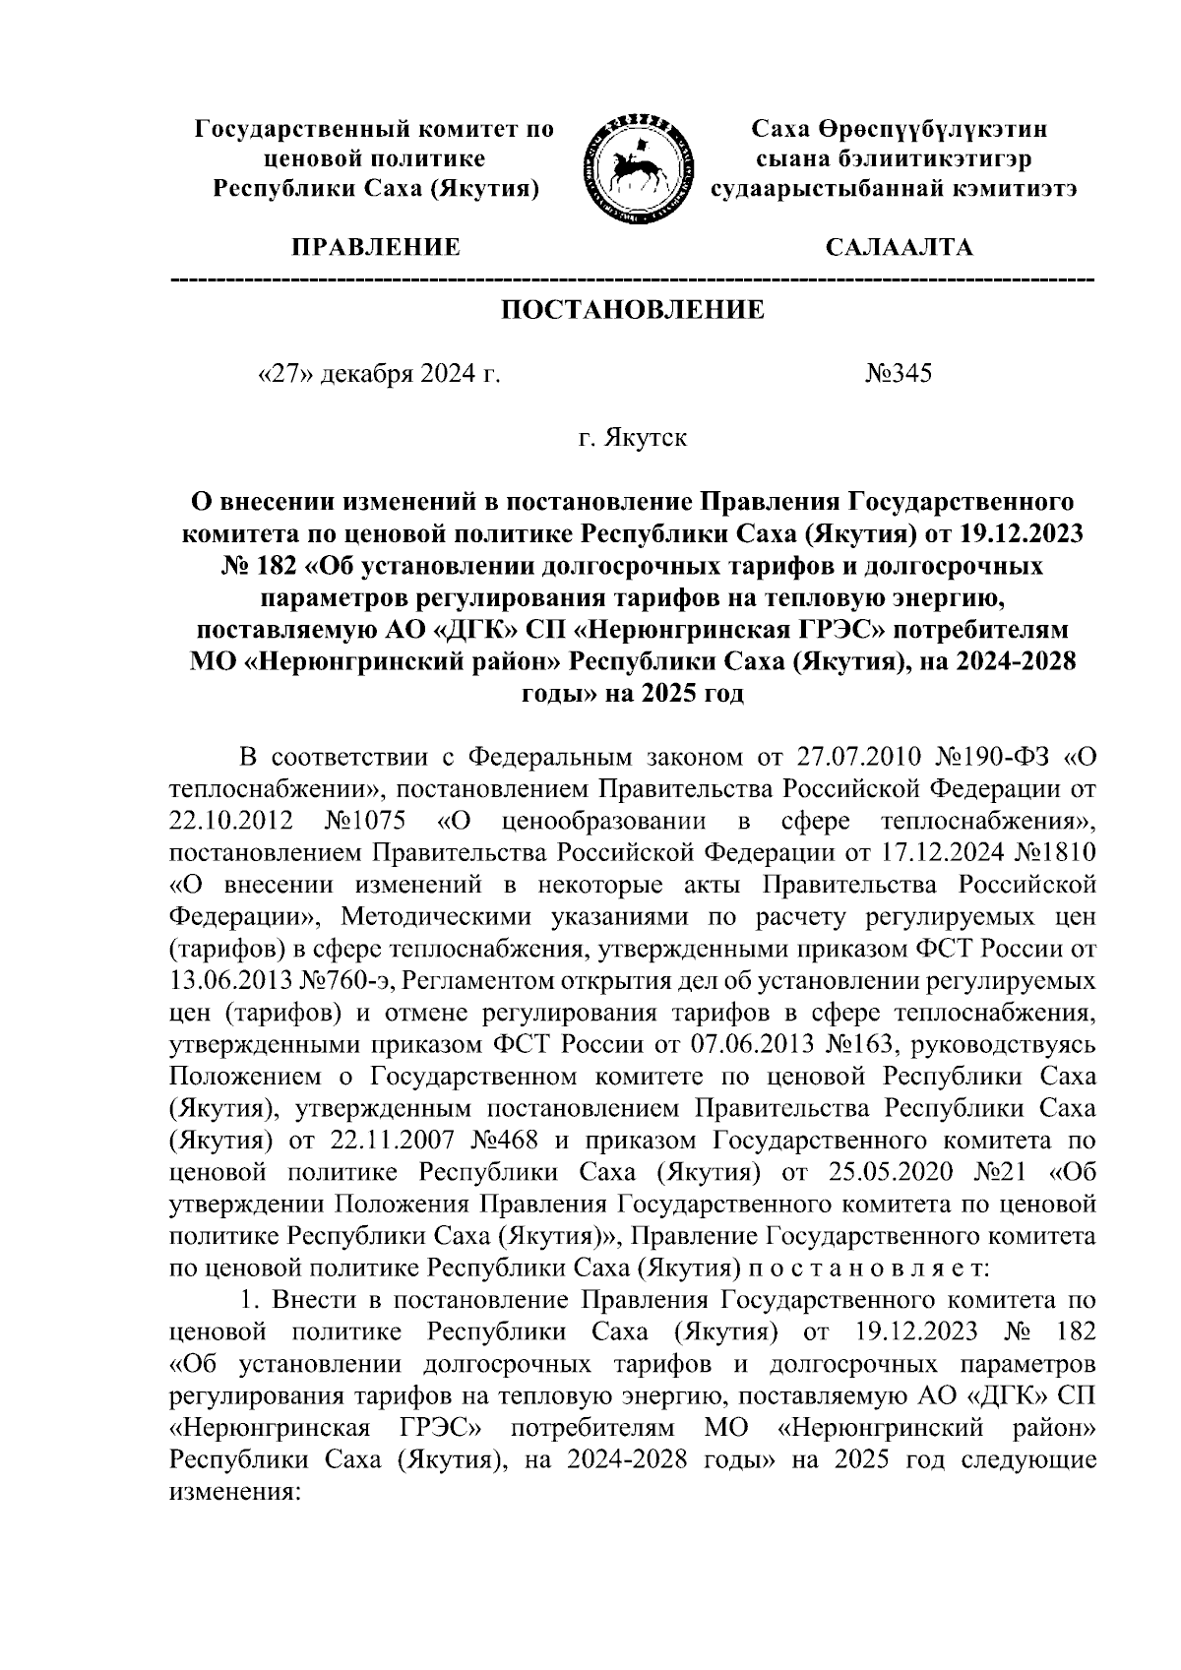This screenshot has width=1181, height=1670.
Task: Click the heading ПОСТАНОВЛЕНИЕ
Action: tap(633, 311)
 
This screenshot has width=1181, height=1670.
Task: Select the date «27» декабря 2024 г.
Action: tap(378, 374)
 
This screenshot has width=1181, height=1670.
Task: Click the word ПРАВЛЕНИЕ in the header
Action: tap(374, 248)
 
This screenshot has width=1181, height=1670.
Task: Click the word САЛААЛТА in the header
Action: tap(900, 248)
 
